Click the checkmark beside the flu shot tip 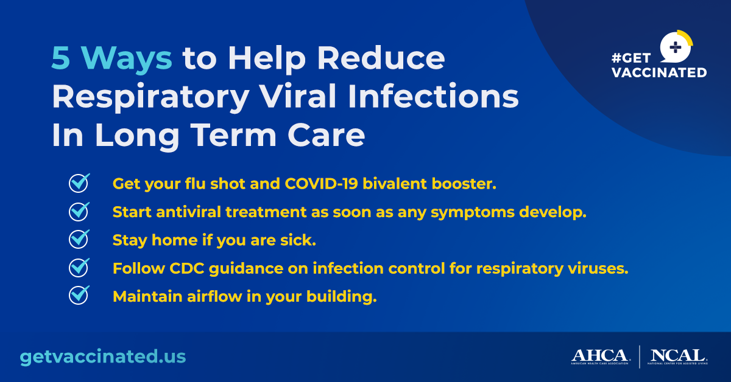click(79, 183)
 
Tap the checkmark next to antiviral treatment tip click(79, 212)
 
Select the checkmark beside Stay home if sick click(79, 240)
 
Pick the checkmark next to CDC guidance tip click(79, 268)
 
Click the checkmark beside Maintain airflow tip click(79, 296)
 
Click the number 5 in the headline click(61, 58)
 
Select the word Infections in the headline click(433, 96)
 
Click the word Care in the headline click(326, 136)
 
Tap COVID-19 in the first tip click(321, 184)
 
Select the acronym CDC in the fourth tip click(186, 269)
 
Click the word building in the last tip click(341, 297)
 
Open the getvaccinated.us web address click(103, 356)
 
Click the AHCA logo click(600, 356)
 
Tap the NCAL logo click(677, 356)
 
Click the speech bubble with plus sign click(676, 47)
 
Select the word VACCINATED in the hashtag click(659, 72)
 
